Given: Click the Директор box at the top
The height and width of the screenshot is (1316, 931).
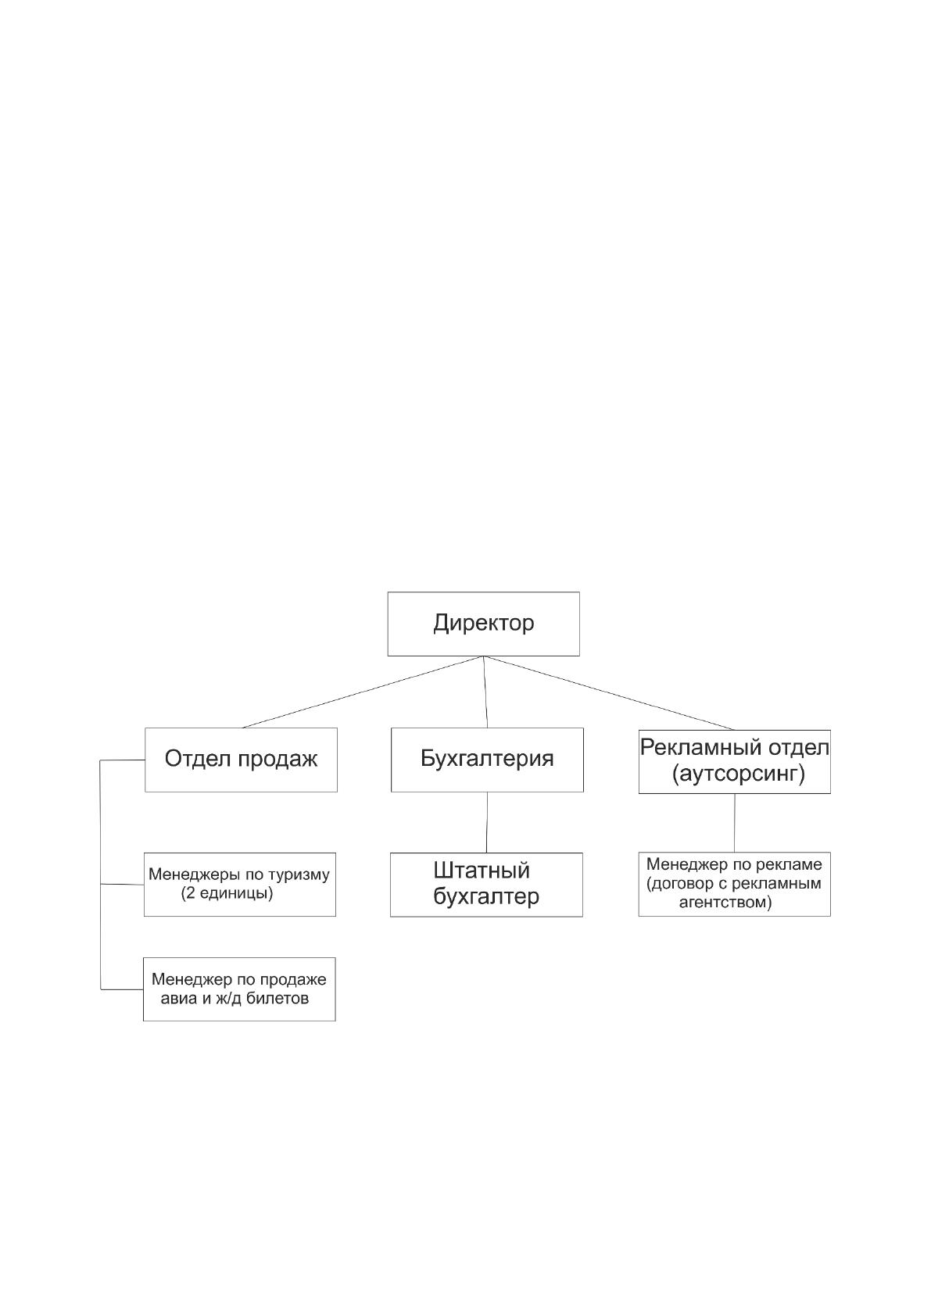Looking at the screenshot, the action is pyautogui.click(x=483, y=624).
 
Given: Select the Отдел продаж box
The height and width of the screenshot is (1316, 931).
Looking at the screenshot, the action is pyautogui.click(x=241, y=760).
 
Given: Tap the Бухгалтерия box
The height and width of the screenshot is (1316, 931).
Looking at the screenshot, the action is pyautogui.click(x=487, y=760).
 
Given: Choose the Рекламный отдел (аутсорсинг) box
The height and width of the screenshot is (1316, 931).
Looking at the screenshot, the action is pyautogui.click(x=735, y=761).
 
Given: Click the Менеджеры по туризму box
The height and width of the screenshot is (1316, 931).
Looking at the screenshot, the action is pyautogui.click(x=240, y=884).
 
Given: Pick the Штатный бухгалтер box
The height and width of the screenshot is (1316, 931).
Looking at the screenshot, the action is pyautogui.click(x=487, y=885).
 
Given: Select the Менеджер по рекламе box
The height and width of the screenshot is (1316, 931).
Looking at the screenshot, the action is pyautogui.click(x=735, y=884).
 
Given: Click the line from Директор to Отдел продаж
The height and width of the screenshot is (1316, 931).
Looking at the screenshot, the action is pyautogui.click(x=363, y=692).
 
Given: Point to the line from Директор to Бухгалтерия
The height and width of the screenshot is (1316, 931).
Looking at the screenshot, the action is pyautogui.click(x=485, y=692).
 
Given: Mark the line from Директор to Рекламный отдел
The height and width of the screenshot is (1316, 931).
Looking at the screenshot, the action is pyautogui.click(x=609, y=692).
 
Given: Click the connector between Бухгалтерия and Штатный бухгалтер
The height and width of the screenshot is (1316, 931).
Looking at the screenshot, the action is pyautogui.click(x=487, y=822).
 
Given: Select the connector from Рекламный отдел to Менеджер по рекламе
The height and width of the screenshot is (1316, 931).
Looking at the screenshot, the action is pyautogui.click(x=735, y=823).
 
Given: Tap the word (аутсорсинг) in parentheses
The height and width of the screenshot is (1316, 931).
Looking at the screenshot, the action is pyautogui.click(x=738, y=774).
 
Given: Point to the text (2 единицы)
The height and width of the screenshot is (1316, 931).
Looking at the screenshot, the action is pyautogui.click(x=227, y=893).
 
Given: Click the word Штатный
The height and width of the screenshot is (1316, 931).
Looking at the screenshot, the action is pyautogui.click(x=482, y=871).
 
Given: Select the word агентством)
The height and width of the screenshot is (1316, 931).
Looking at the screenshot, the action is pyautogui.click(x=725, y=902).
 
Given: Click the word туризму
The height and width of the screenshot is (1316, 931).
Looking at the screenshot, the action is pyautogui.click(x=299, y=875).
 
